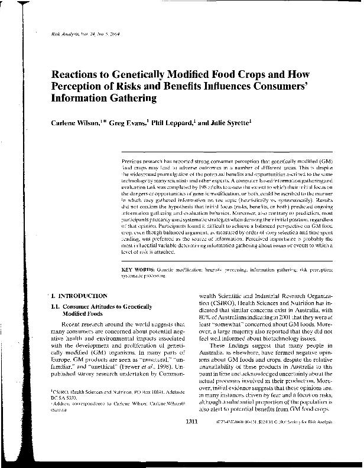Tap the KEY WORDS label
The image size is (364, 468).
(x=134, y=269)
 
